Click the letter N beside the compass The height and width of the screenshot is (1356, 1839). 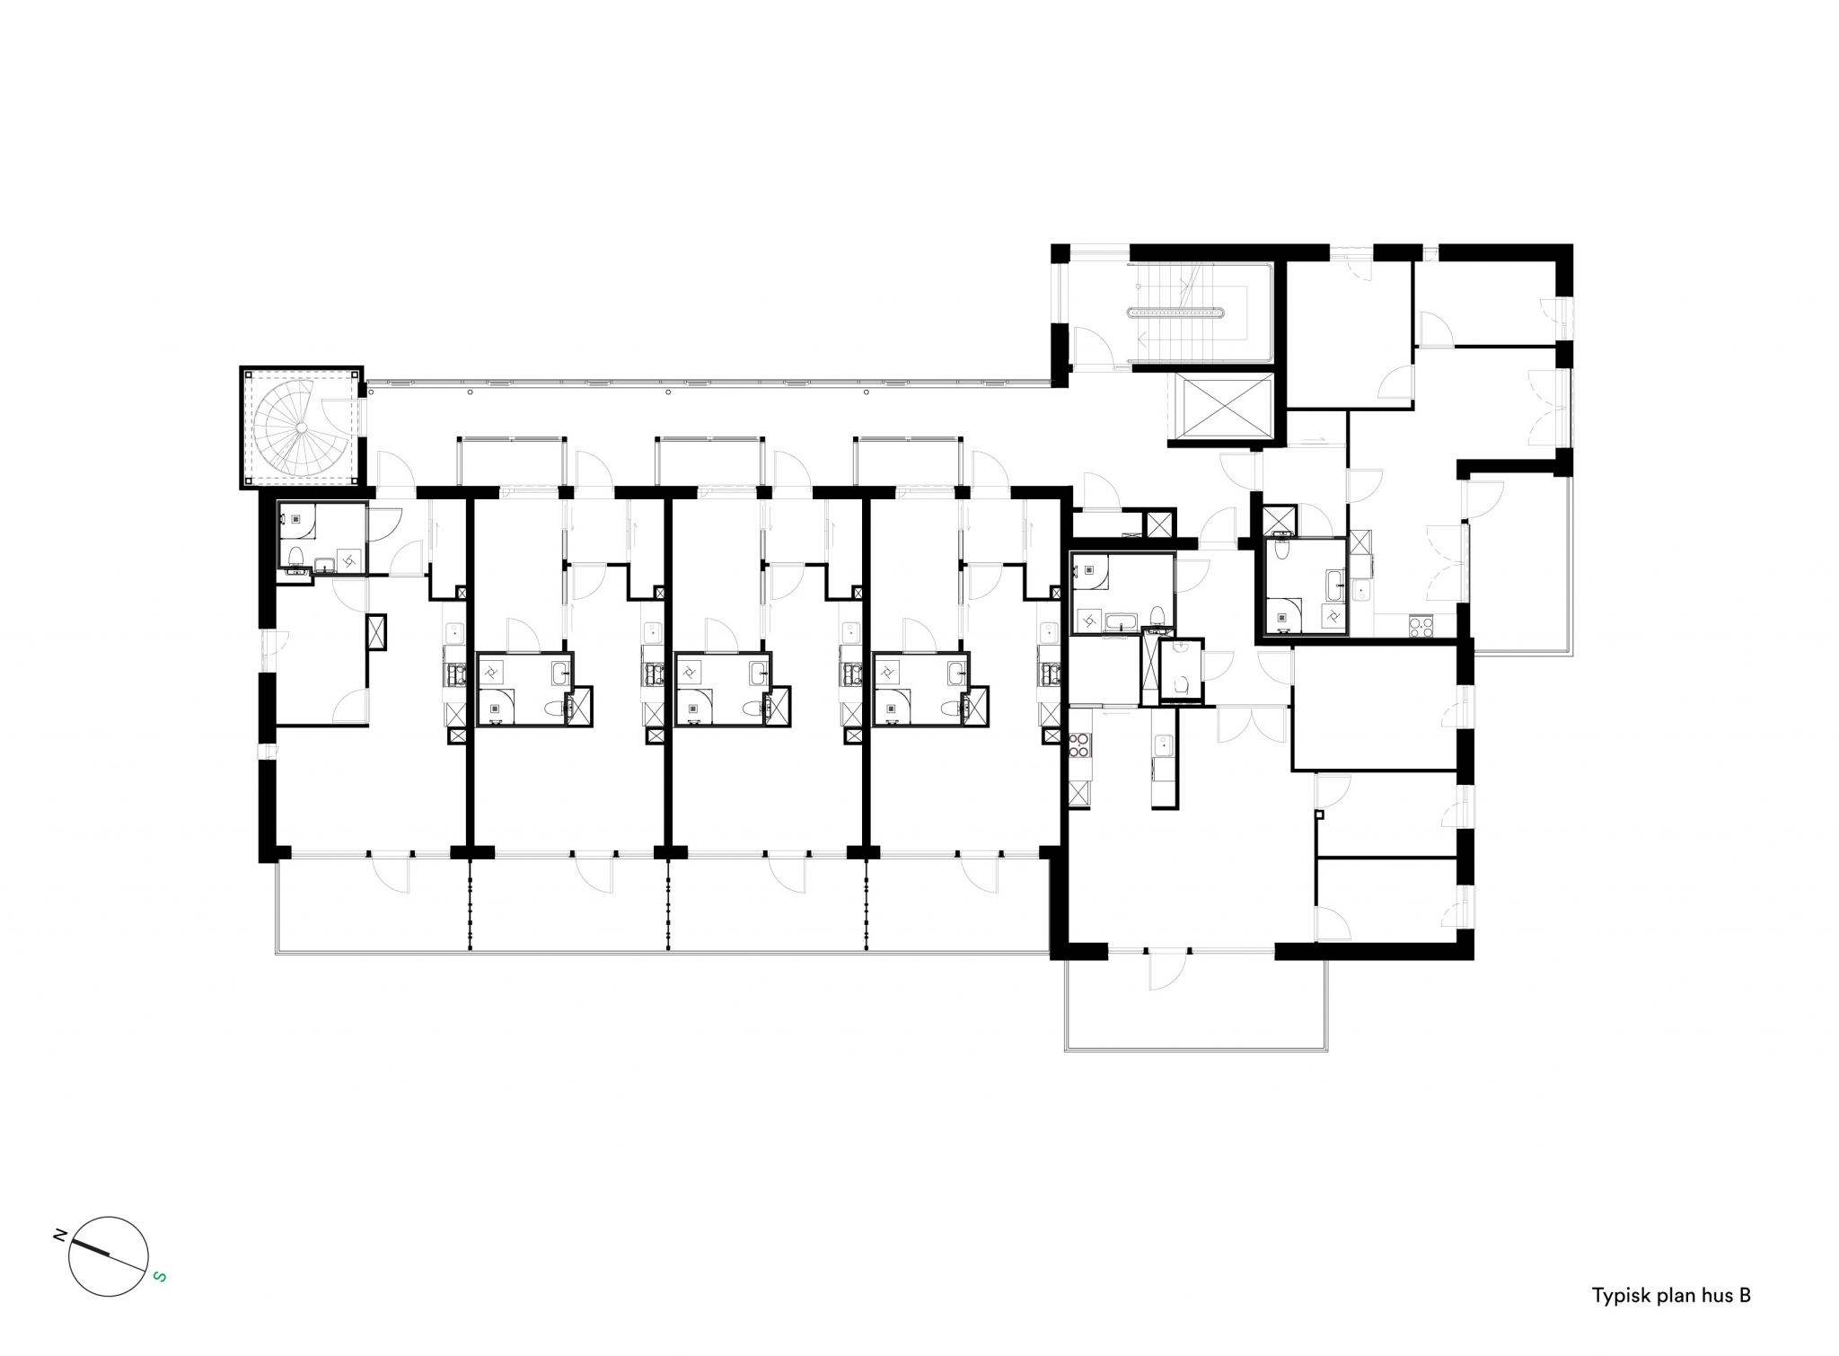pos(60,1236)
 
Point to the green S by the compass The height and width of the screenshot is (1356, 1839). pos(159,1275)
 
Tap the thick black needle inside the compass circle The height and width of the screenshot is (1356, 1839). pos(91,1248)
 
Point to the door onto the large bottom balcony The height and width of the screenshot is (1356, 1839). pos(1167,971)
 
